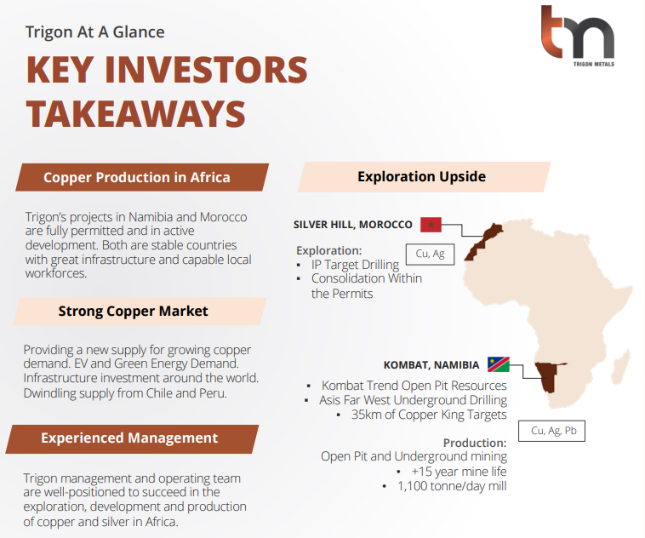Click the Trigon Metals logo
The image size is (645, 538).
[x=578, y=36]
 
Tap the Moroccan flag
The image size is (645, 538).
[x=431, y=225]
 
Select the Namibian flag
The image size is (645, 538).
[x=499, y=364]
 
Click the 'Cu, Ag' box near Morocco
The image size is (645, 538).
[x=430, y=254]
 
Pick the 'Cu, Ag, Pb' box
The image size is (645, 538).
[x=551, y=431]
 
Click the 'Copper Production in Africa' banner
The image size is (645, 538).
[x=142, y=177]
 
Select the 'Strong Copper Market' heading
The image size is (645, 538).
[x=140, y=312]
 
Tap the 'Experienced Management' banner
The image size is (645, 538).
[x=132, y=438]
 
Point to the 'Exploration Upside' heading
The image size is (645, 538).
[x=424, y=177]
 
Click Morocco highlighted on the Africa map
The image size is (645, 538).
[x=483, y=242]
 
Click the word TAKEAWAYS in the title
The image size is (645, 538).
[x=136, y=113]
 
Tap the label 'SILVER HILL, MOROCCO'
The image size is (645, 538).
[x=352, y=225]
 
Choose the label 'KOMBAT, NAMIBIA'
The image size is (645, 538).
[x=431, y=365]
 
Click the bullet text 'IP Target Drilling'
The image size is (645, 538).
[x=355, y=265]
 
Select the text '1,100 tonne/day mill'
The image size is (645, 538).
[x=452, y=486]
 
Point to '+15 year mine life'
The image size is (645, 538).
[x=459, y=472]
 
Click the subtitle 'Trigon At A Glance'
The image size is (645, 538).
[x=95, y=32]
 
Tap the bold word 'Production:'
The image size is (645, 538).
[x=475, y=443]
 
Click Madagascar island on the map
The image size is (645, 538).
[x=621, y=365]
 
